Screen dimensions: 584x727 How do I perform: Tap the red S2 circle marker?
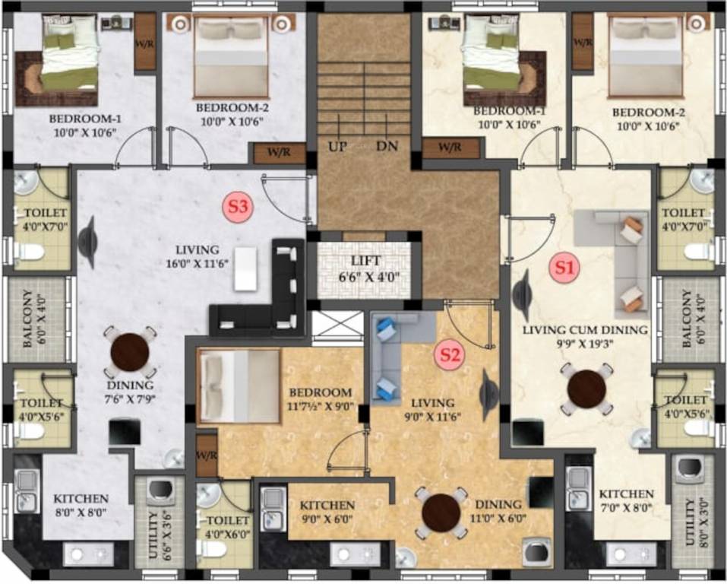448,354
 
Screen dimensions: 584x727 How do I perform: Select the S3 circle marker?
239,205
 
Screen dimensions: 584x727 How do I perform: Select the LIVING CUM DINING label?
585,330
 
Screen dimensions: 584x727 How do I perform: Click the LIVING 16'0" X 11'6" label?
198,255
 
